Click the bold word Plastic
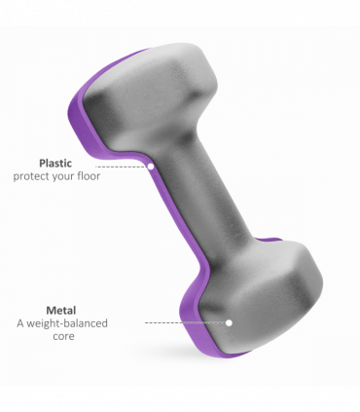coord(55,164)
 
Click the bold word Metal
coord(61,311)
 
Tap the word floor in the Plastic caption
coord(89,176)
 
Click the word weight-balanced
coord(67,323)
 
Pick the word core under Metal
coord(63,336)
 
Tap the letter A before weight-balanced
coord(20,323)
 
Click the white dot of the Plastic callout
coord(151,167)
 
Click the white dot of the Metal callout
coord(229,322)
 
